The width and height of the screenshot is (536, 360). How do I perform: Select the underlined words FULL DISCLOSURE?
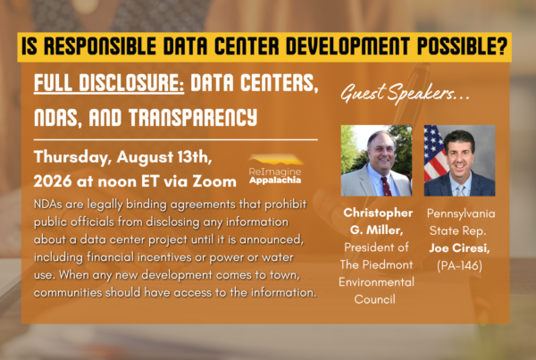[109, 83]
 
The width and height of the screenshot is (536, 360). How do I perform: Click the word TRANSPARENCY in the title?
[193, 117]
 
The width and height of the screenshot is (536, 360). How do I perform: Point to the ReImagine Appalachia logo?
[275, 170]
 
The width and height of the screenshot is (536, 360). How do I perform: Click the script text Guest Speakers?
[405, 93]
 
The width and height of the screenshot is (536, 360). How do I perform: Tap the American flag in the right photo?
[435, 153]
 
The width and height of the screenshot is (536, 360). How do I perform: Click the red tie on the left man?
[386, 186]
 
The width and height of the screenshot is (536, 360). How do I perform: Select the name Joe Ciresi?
[459, 247]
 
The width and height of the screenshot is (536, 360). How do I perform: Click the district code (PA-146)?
[459, 265]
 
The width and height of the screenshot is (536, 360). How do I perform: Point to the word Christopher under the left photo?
[378, 213]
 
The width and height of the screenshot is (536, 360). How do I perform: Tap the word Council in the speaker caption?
[374, 299]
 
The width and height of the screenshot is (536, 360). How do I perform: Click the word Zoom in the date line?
[214, 181]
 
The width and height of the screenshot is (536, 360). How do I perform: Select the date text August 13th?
[164, 157]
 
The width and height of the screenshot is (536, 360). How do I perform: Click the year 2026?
[53, 181]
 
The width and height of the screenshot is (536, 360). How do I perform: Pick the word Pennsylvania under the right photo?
[461, 213]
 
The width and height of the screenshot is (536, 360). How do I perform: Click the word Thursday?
[73, 157]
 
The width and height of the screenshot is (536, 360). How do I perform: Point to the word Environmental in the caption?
[376, 282]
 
